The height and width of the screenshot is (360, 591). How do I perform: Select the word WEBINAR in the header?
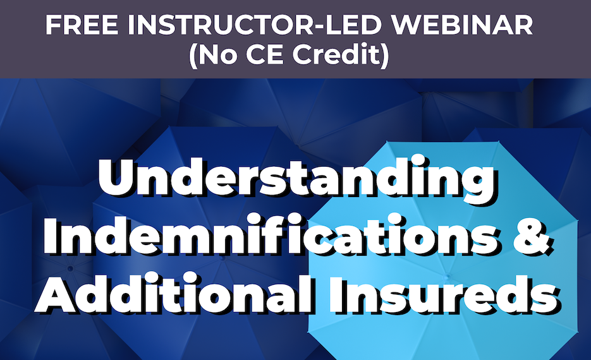[x=461, y=25]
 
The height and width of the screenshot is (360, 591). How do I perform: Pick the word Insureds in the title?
[x=444, y=293]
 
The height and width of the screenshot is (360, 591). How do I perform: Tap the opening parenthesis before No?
[x=193, y=56]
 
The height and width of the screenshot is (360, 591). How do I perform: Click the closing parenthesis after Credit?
[x=385, y=56]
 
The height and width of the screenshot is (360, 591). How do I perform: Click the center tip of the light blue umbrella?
[x=448, y=277]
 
